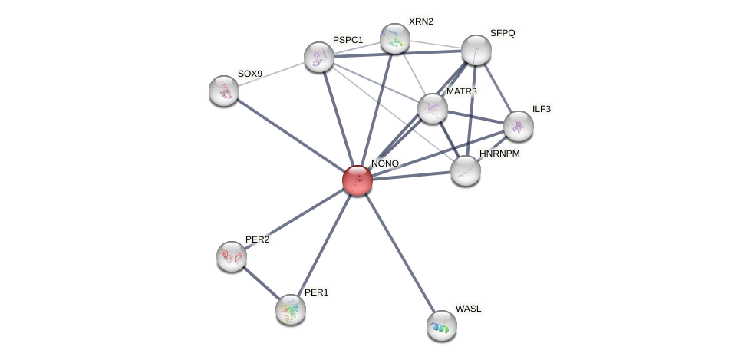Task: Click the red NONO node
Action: point(357,180)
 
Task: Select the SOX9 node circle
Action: point(224,91)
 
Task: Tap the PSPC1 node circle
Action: point(319,56)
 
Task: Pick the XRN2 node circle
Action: point(395,38)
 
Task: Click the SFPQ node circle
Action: point(476,50)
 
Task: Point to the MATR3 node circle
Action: point(433,108)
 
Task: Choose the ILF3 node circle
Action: point(519,126)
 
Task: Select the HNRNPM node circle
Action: point(466,170)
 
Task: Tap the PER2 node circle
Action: point(232,256)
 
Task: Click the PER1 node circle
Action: point(291,309)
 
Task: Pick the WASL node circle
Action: point(442,325)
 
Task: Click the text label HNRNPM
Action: point(499,154)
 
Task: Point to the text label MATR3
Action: point(461,91)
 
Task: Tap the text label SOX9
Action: point(249,74)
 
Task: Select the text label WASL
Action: point(468,309)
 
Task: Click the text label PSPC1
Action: point(348,39)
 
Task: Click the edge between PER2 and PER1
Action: point(261,282)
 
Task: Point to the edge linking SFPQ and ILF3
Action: point(497,88)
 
